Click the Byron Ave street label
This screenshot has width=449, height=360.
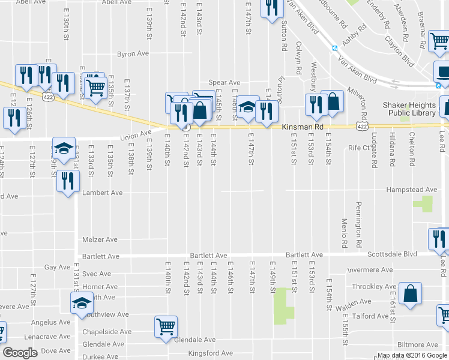coord(133,53)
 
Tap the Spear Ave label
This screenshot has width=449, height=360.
coord(224,82)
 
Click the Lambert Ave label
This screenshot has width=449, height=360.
coord(103,193)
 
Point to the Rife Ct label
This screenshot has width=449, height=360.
coord(358,147)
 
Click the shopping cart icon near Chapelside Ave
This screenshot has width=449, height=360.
coord(166,327)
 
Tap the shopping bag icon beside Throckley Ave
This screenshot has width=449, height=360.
coord(411,294)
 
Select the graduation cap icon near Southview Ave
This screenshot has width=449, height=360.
coord(82,303)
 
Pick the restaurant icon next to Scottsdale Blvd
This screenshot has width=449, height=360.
coord(439,238)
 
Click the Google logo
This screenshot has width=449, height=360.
coord(20,353)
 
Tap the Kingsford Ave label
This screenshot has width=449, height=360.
coord(211,353)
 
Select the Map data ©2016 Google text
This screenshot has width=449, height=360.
coord(412,355)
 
